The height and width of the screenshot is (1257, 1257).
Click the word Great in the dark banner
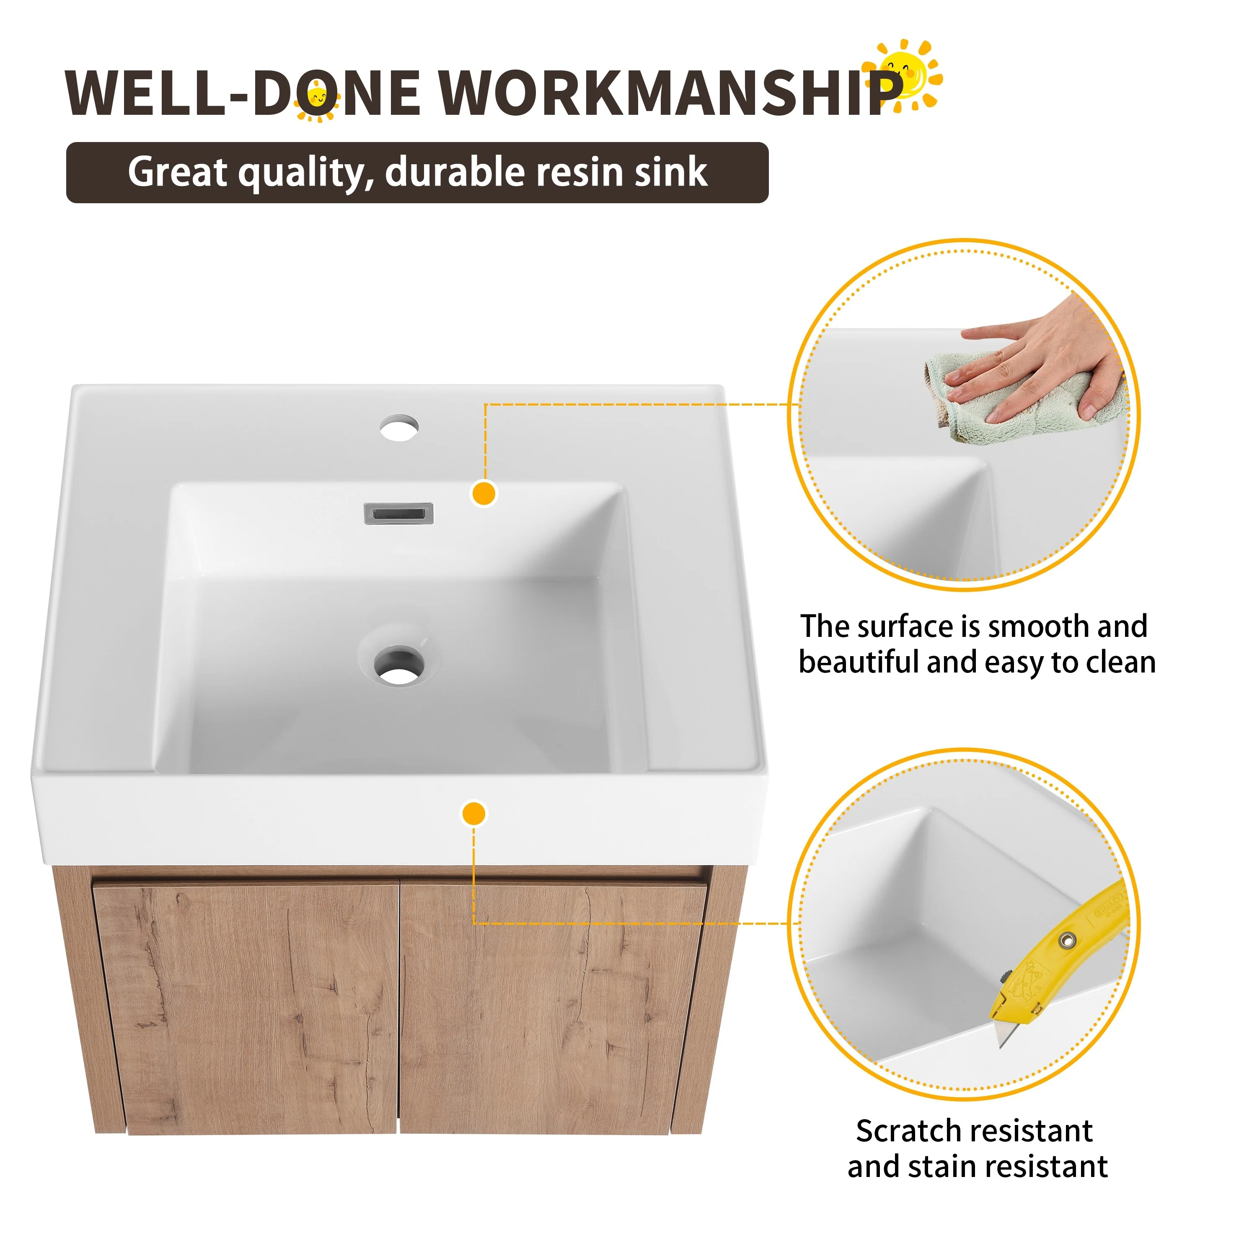click(x=178, y=172)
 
